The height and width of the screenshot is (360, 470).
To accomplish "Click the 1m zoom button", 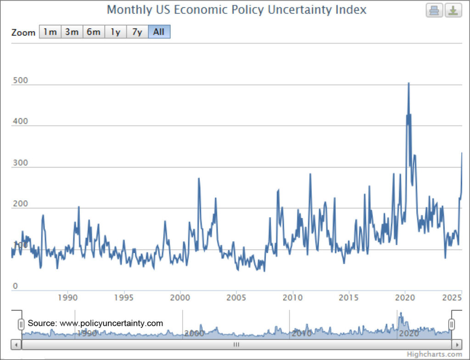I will pyautogui.click(x=50, y=32).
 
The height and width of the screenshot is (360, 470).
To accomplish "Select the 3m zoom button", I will pyautogui.click(x=72, y=32).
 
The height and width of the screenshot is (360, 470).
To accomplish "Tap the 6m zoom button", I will pyautogui.click(x=94, y=32).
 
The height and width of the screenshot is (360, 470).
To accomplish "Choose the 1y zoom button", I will pyautogui.click(x=115, y=32).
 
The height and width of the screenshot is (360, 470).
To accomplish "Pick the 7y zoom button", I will pyautogui.click(x=137, y=32).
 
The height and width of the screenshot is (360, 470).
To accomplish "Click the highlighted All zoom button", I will pyautogui.click(x=159, y=32).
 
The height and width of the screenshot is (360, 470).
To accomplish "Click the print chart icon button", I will pyautogui.click(x=434, y=10).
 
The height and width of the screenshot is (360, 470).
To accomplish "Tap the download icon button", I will pyautogui.click(x=453, y=10).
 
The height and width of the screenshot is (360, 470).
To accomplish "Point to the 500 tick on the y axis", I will pyautogui.click(x=20, y=80).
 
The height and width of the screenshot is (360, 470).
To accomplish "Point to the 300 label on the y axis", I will pyautogui.click(x=20, y=163).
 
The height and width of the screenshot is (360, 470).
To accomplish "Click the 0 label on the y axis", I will pyautogui.click(x=15, y=287).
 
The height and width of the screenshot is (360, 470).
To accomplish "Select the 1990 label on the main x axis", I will pyautogui.click(x=68, y=297).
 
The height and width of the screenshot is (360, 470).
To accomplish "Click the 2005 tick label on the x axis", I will pyautogui.click(x=236, y=297).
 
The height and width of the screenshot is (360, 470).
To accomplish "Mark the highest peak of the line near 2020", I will pyautogui.click(x=408, y=83).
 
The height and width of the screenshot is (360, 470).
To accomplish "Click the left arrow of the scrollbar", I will pyautogui.click(x=16, y=344).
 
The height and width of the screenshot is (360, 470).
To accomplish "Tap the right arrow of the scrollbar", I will pyautogui.click(x=456, y=344).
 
